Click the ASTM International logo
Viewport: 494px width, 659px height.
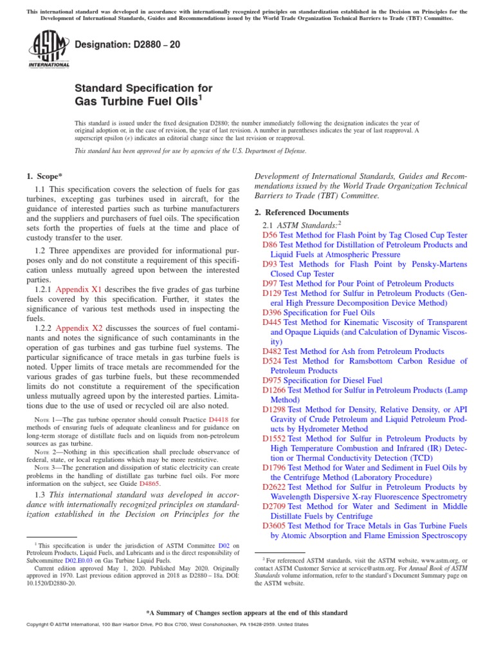(48, 50)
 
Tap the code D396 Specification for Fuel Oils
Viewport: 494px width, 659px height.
(272, 312)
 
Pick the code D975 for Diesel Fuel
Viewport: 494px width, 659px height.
(272, 380)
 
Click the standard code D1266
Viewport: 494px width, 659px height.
(274, 390)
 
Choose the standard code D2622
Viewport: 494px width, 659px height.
(274, 487)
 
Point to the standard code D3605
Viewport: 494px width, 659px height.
(274, 526)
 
